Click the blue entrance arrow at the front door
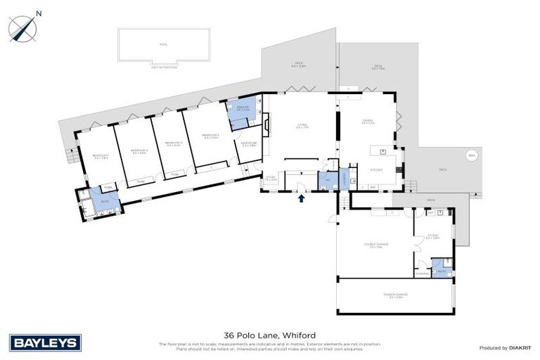(302, 199)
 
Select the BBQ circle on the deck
(470, 156)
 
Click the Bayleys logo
(46, 343)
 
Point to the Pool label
(164, 43)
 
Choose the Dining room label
(368, 121)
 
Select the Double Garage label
(376, 245)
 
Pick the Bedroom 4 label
(211, 136)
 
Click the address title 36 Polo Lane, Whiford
(269, 335)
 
